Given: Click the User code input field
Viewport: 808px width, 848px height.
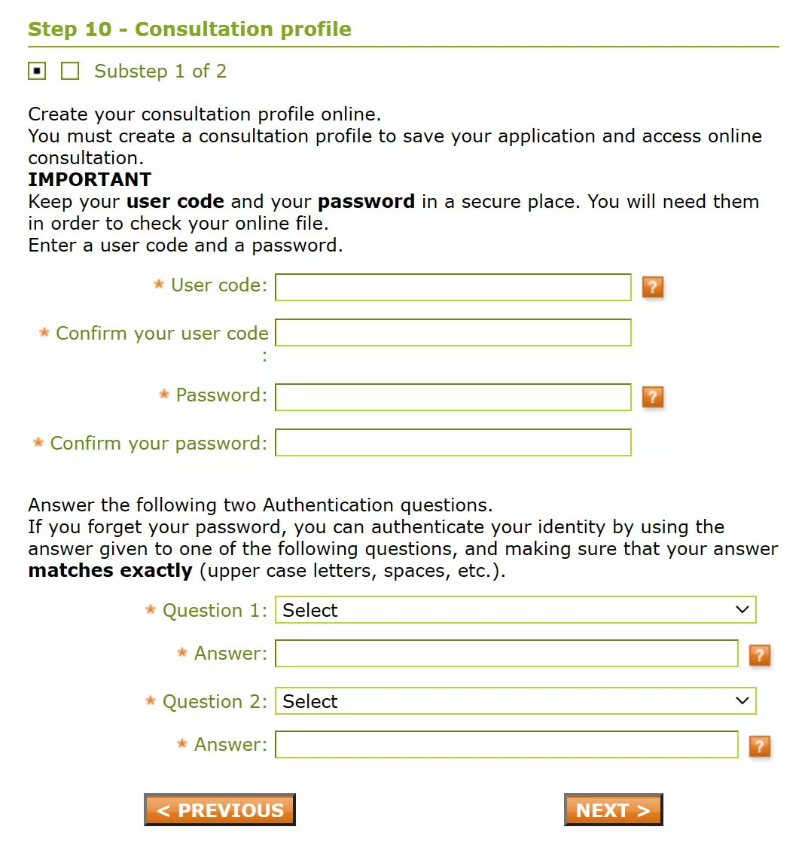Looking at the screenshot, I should point(453,287).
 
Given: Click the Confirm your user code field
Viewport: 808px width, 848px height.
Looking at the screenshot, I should point(453,332).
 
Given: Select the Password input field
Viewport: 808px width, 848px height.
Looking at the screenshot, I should point(453,397).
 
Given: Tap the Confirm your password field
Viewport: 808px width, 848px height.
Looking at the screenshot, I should point(453,442).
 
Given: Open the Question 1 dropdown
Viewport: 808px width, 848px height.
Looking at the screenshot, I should point(515,610).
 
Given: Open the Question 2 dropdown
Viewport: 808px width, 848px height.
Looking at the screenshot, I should point(515,701).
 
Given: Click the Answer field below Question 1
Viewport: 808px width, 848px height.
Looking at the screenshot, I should point(506,654).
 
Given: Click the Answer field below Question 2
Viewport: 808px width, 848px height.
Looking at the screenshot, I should point(506,745).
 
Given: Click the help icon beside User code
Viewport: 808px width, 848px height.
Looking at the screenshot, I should point(653,287).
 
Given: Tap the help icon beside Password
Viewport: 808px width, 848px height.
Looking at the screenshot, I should point(653,397).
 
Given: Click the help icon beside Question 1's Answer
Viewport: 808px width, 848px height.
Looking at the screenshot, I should point(760,655).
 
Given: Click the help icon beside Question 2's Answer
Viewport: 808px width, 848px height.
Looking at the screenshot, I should point(760,746).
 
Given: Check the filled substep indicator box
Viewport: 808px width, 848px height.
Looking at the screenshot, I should point(37,71).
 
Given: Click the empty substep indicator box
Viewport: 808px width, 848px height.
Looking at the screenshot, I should point(70,71).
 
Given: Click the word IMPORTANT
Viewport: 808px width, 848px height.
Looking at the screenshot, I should point(90,179).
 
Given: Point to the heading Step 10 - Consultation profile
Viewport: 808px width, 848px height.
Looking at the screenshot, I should point(190,29).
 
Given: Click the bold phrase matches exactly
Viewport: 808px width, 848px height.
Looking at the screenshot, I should point(110,571).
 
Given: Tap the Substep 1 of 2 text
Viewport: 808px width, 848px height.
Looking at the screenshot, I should point(160,72).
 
